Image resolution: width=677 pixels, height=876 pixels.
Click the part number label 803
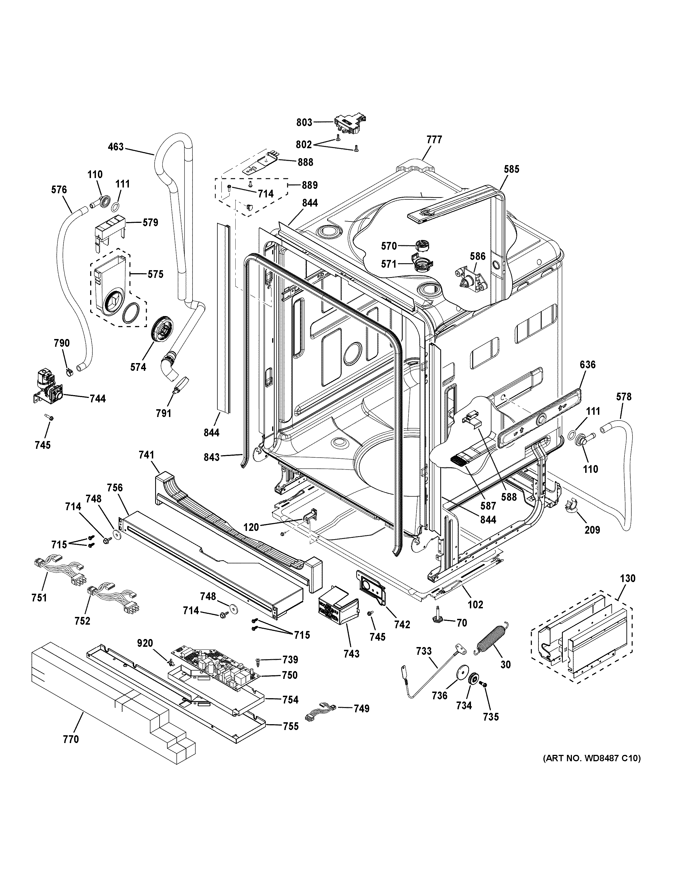[304, 122]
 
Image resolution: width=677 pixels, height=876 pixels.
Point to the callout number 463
[116, 147]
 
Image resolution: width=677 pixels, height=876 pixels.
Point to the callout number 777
[434, 140]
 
